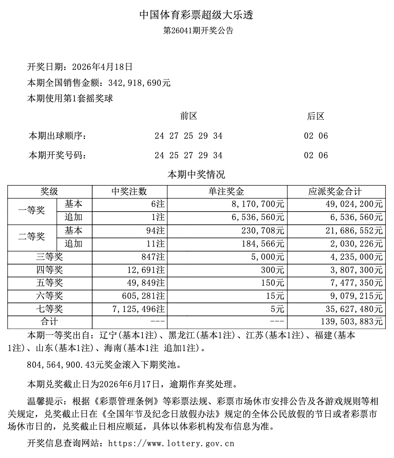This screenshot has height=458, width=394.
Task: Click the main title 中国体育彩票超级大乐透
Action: click(196, 15)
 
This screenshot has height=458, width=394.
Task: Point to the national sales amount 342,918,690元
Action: click(136, 83)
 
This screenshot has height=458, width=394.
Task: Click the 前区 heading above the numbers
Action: click(188, 116)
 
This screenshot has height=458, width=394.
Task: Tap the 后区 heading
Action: click(315, 116)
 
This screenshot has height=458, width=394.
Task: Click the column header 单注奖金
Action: click(226, 192)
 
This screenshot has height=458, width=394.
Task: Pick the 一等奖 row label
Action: click(32, 211)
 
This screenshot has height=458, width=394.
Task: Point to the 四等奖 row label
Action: click(50, 270)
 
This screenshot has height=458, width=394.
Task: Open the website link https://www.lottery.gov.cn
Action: click(171, 443)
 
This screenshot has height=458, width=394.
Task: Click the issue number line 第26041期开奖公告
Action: click(198, 31)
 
